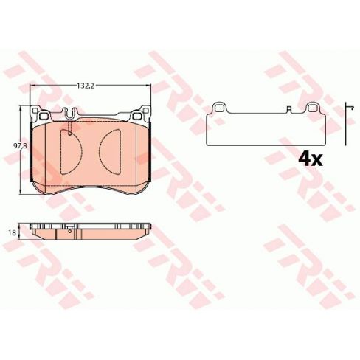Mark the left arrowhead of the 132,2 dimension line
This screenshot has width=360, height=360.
click(x=32, y=85)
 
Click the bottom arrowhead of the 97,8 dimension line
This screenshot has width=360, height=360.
click(x=20, y=192)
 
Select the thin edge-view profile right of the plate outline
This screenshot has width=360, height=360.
click(x=346, y=125)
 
